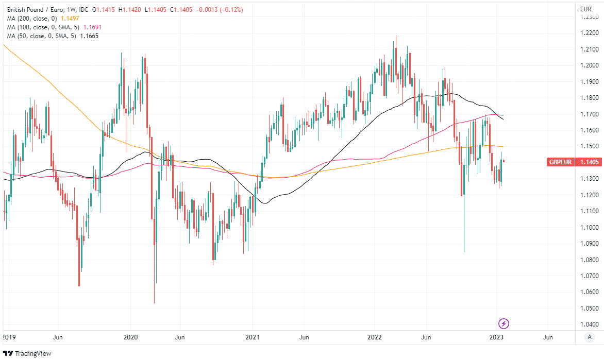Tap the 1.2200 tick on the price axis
(589, 33)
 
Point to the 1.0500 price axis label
(589, 308)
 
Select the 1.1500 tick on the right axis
(589, 146)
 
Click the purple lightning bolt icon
(504, 323)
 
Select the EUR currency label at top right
(585, 9)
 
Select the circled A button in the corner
(589, 337)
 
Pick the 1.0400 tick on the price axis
(589, 324)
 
